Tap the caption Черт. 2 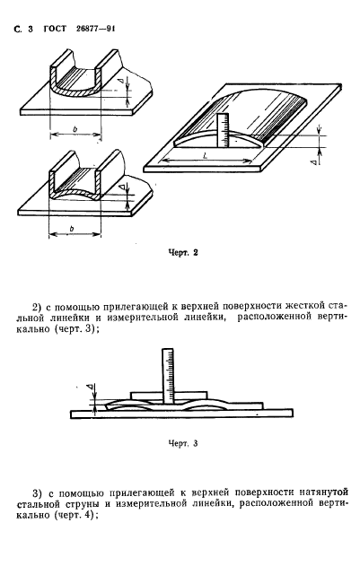[x=182, y=252]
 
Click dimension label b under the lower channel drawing [x=70, y=230]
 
